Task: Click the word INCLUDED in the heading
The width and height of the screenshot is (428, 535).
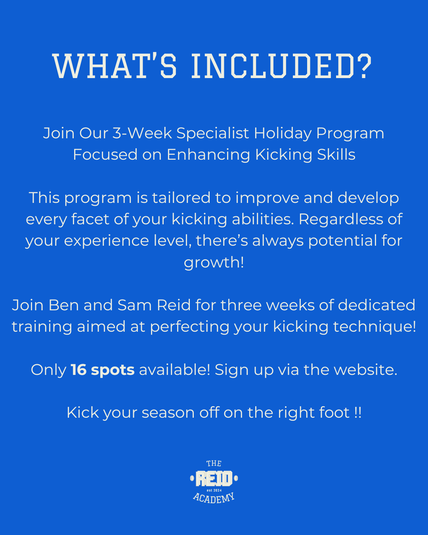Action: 273,66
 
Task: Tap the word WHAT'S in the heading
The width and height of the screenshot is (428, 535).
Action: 115,66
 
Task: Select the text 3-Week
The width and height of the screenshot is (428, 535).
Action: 142,134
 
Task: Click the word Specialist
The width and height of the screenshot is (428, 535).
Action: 212,134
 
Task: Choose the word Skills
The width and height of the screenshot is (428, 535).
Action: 336,155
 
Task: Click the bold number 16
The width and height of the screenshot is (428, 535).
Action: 78,370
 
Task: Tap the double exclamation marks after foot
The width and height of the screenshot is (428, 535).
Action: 357,413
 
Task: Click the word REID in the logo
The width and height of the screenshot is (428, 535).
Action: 214,479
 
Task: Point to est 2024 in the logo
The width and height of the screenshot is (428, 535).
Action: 214,490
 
